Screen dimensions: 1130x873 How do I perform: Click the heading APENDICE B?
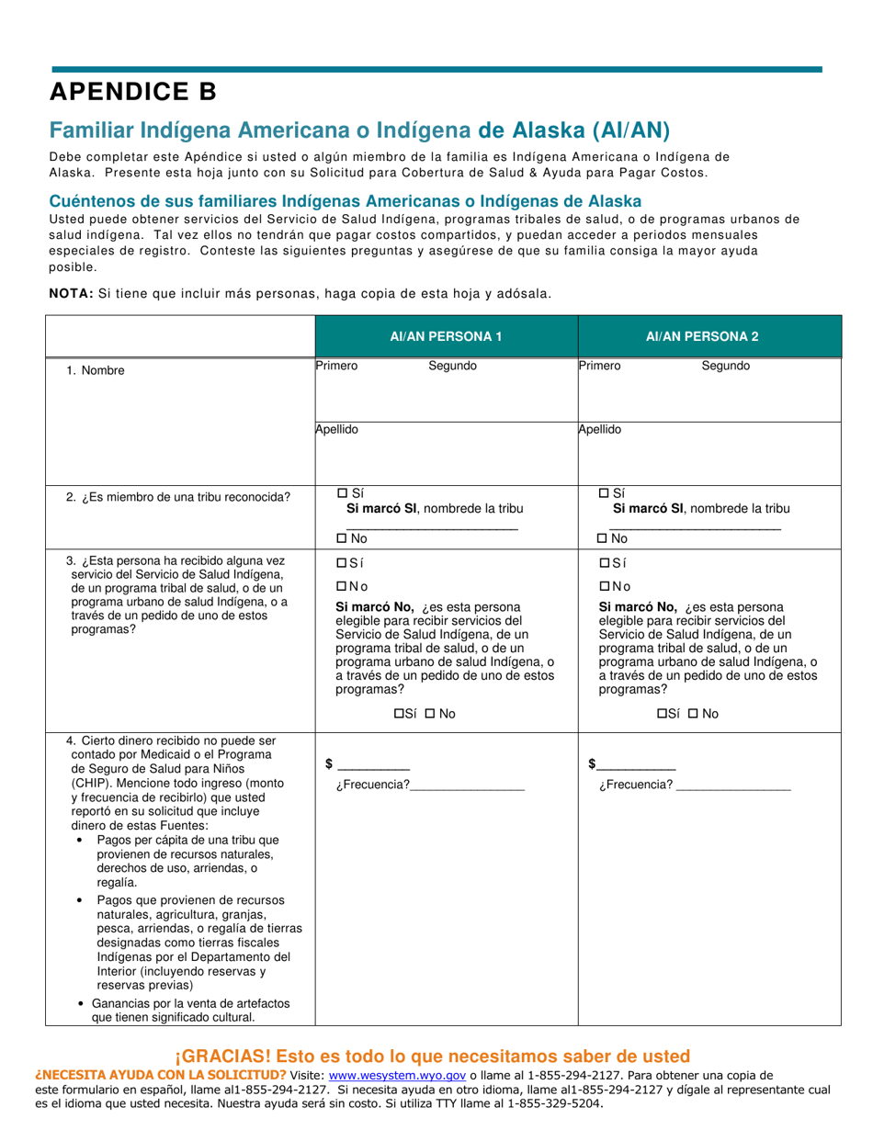coord(133,92)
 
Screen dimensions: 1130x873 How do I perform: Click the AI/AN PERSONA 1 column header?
coord(446,336)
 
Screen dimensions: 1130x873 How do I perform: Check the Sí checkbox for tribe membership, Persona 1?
coord(343,493)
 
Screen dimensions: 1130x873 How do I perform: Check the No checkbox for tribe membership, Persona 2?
coord(603,538)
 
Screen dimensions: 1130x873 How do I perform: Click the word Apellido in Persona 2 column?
coord(600,429)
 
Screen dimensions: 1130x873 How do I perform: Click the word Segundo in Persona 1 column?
coord(452,366)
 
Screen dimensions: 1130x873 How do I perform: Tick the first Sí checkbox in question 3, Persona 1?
coord(342,563)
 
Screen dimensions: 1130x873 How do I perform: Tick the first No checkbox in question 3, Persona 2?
coord(605,586)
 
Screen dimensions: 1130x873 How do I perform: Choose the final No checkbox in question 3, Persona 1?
coord(429,714)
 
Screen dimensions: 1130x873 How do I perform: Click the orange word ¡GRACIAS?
coord(220,1056)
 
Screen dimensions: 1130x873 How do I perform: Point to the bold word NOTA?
coord(71,293)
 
